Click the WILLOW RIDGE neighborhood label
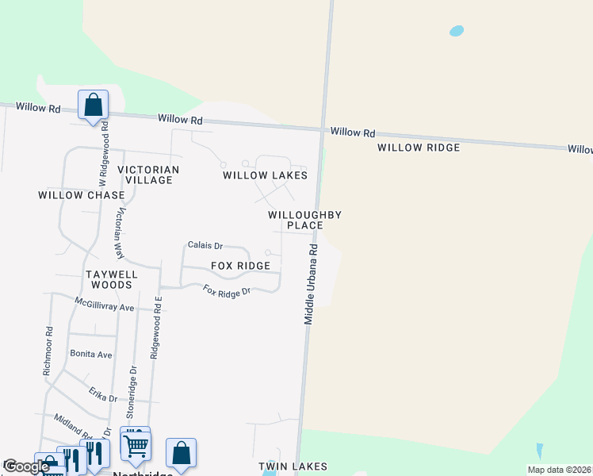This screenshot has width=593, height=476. click(x=419, y=148)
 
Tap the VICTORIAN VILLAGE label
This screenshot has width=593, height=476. click(x=148, y=175)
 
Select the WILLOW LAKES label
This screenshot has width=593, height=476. click(x=264, y=175)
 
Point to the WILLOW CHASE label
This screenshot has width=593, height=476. click(x=82, y=195)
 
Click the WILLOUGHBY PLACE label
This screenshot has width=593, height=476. click(x=304, y=220)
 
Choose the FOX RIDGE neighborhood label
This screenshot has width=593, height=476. click(x=240, y=266)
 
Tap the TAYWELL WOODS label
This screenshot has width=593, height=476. click(x=112, y=279)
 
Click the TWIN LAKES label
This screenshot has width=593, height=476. click(x=293, y=467)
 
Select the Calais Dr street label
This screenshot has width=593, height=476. click(x=205, y=246)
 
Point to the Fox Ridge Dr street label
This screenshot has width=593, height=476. click(x=227, y=291)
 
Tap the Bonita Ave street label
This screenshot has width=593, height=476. click(x=91, y=354)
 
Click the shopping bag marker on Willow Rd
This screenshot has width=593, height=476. click(x=93, y=105)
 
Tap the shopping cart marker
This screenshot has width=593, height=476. click(x=136, y=445)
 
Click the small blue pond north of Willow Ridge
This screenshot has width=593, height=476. click(x=456, y=31)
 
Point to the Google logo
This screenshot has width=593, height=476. click(x=26, y=466)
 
